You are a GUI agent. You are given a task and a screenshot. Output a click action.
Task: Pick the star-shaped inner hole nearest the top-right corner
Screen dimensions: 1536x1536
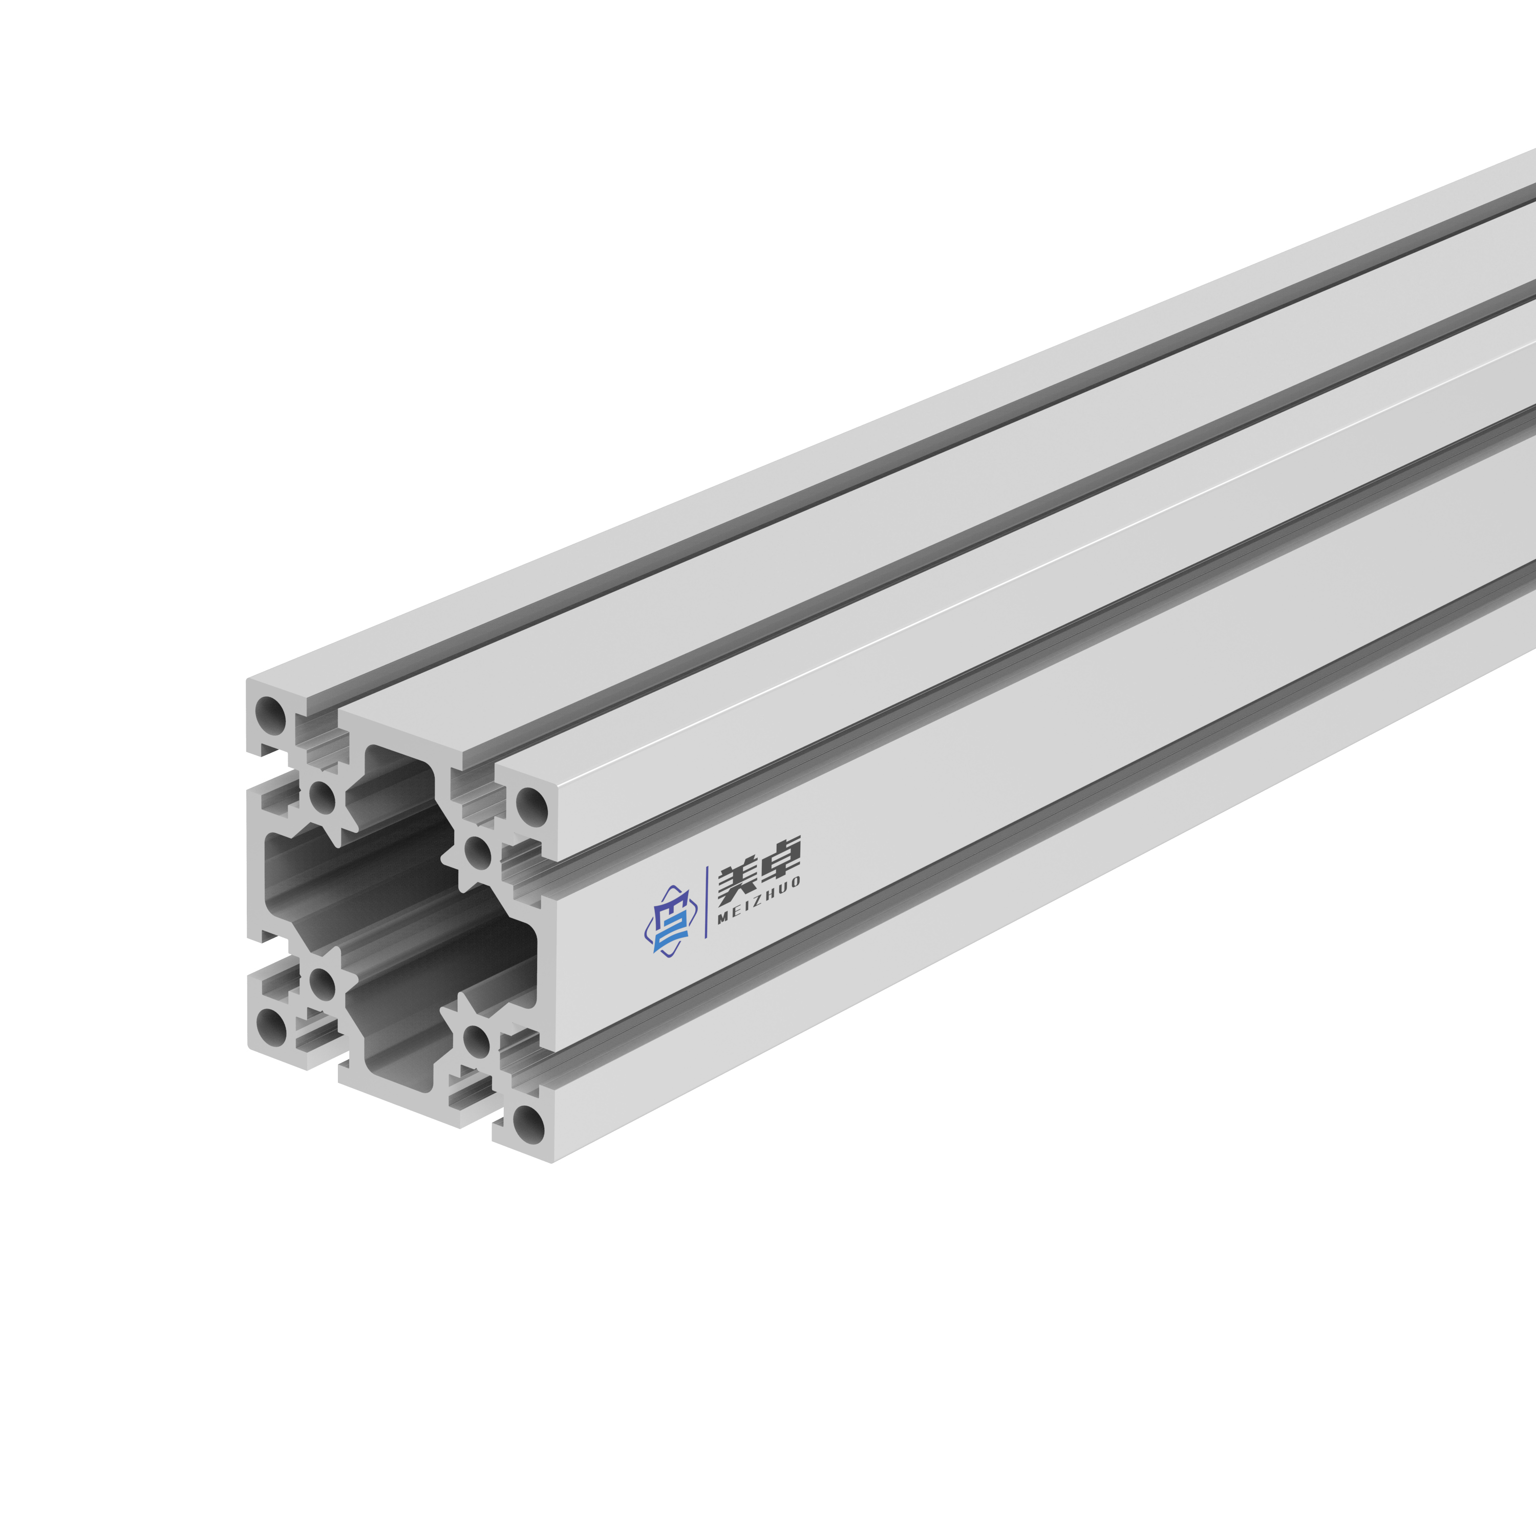pyautogui.click(x=477, y=854)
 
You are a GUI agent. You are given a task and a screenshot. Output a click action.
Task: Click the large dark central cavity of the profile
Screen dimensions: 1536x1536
pyautogui.click(x=397, y=914)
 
